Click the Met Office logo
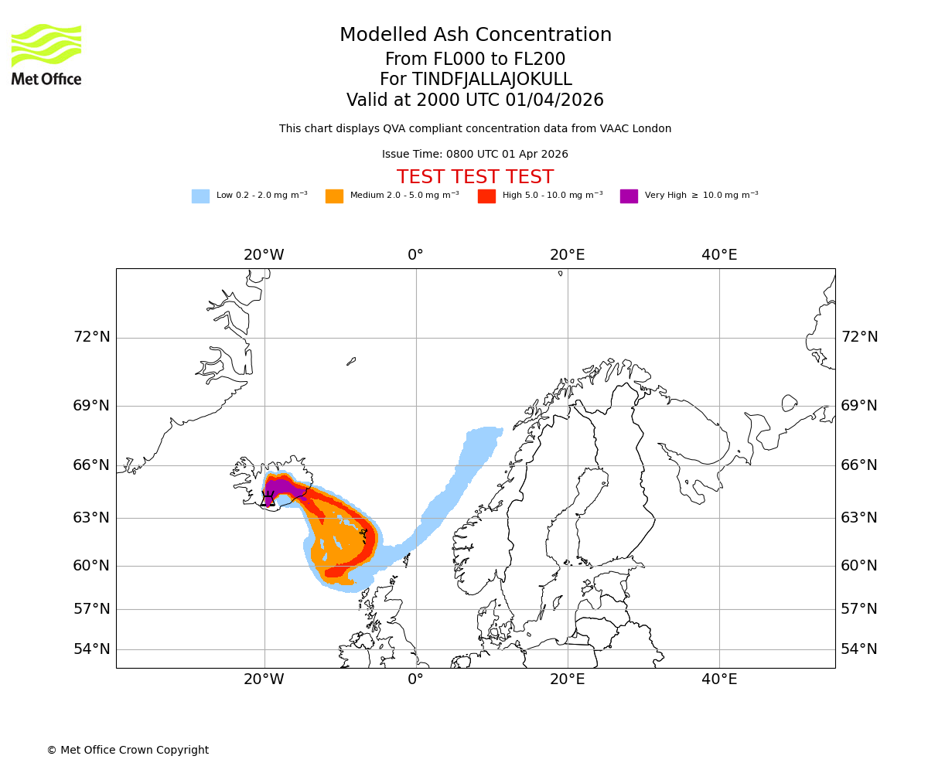click(x=46, y=54)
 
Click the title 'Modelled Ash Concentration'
click(x=476, y=36)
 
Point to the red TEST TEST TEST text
click(x=475, y=177)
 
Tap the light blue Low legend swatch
click(x=200, y=196)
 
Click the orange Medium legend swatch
click(x=334, y=196)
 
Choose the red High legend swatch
click(x=486, y=196)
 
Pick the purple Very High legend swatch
click(x=629, y=196)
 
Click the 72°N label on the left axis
click(x=92, y=337)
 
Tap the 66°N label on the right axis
click(x=859, y=465)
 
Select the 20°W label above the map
click(x=264, y=255)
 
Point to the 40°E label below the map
click(x=719, y=679)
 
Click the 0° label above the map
click(x=415, y=255)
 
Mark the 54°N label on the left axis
click(x=92, y=649)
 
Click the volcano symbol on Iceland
click(x=268, y=499)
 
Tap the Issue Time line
click(x=475, y=155)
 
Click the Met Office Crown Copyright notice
click(x=128, y=751)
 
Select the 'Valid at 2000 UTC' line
click(x=475, y=100)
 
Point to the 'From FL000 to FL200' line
click(x=475, y=60)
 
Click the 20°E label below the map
click(x=567, y=679)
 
